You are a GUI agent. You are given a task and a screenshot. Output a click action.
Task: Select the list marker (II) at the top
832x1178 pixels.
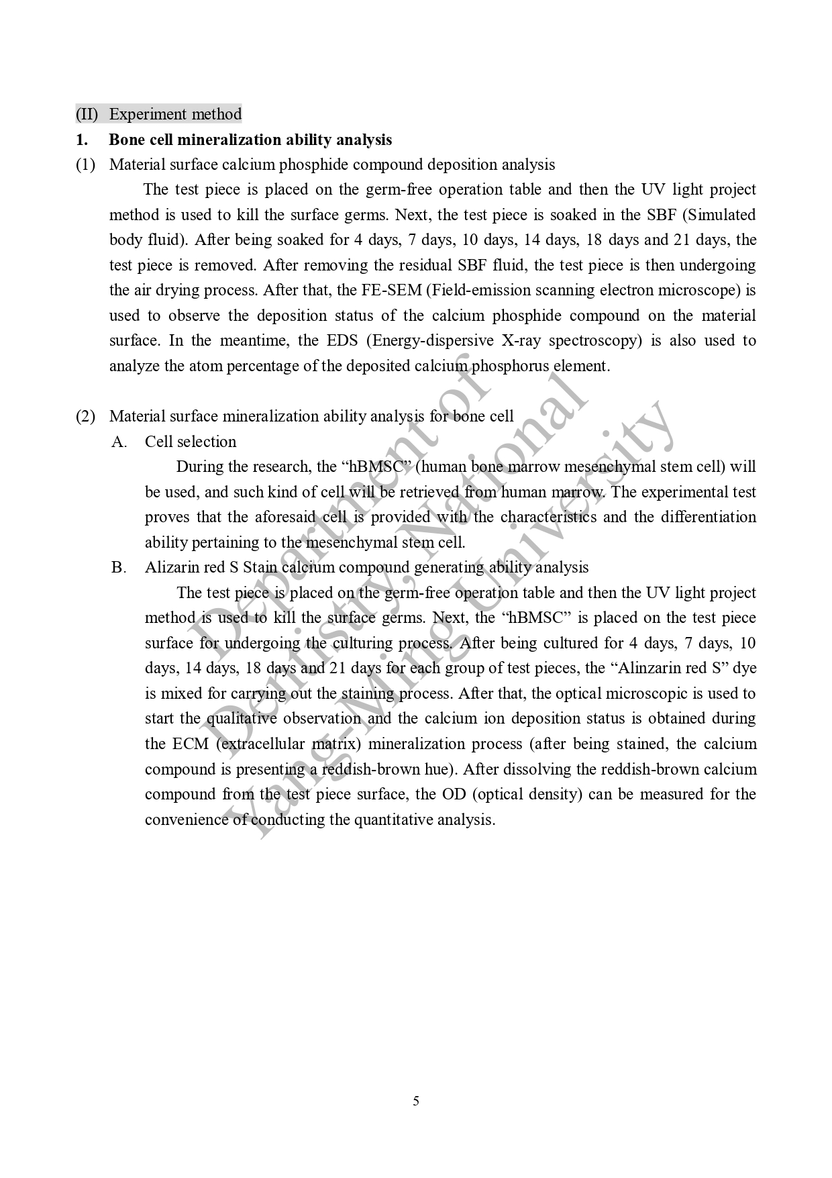pyautogui.click(x=87, y=114)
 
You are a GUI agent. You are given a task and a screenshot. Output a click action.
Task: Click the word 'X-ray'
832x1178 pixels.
pyautogui.click(x=519, y=341)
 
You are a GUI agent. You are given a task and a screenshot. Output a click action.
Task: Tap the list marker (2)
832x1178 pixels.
pyautogui.click(x=85, y=417)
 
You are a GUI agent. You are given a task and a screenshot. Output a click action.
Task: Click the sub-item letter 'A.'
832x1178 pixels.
pyautogui.click(x=119, y=442)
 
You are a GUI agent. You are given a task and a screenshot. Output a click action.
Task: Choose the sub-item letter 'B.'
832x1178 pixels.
pyautogui.click(x=119, y=568)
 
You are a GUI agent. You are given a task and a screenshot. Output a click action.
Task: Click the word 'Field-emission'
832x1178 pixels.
pyautogui.click(x=477, y=291)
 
